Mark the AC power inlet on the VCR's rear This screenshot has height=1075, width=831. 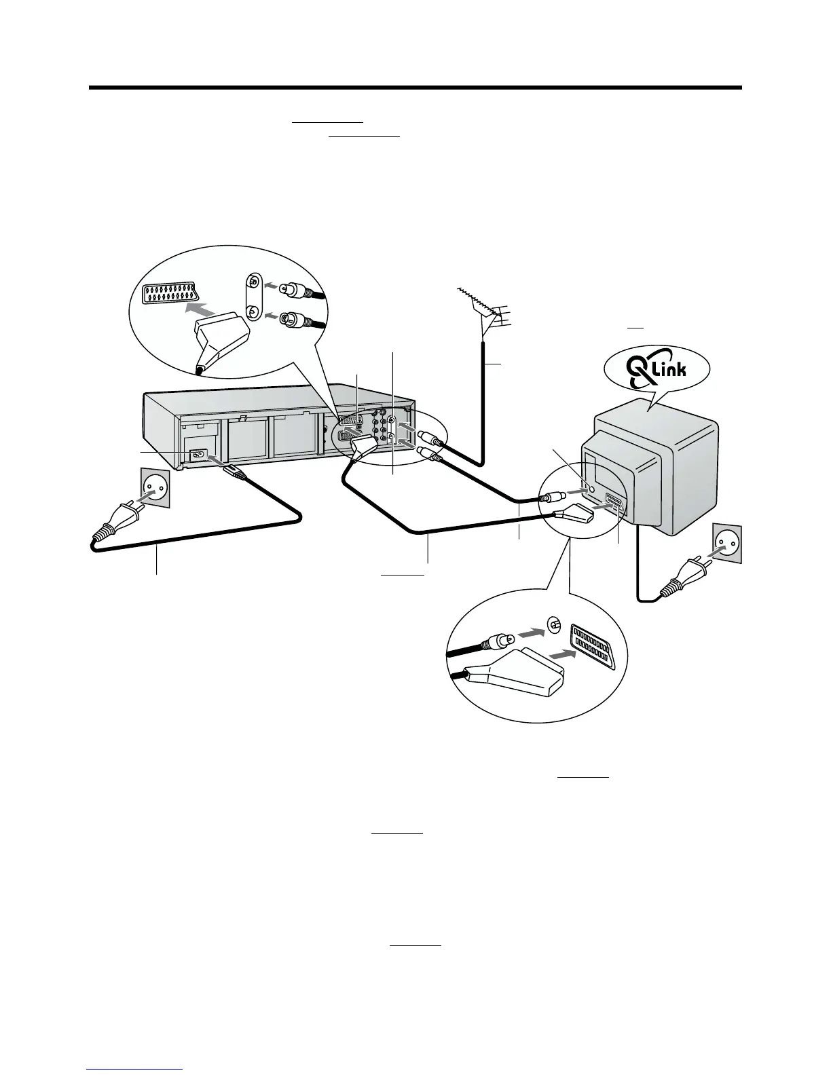tap(198, 455)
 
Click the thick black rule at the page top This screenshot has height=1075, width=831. tap(415, 88)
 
